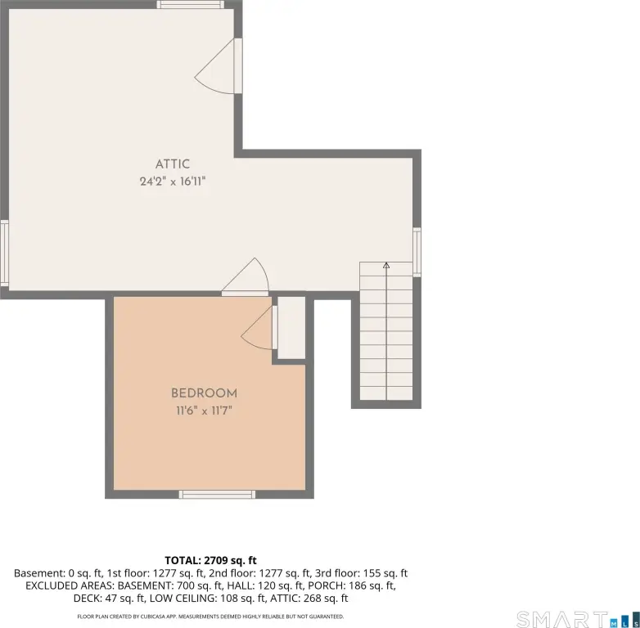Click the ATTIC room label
coord(173,164)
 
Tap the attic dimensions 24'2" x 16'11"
coord(173,181)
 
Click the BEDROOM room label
coord(204,393)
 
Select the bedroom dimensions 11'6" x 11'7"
coord(204,410)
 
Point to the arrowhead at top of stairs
coord(386,266)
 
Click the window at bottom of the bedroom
coord(217,495)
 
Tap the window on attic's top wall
coord(191,4)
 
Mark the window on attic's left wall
coord(4,253)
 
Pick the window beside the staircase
coord(417,253)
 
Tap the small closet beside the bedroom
coord(291,328)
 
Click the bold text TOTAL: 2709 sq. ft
coord(210,560)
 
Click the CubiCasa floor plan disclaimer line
coord(210,617)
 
